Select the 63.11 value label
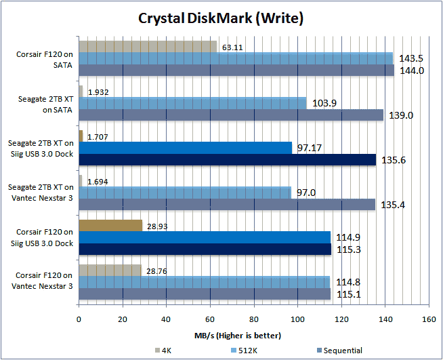point(232,47)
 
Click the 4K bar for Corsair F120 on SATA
point(148,46)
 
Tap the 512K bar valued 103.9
point(193,102)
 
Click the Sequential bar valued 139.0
point(231,115)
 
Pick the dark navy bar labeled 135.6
point(227,159)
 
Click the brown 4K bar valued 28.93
point(110,224)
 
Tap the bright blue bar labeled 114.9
point(205,237)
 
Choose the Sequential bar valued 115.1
point(205,294)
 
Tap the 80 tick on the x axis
point(254,319)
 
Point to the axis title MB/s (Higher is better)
point(253,335)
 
